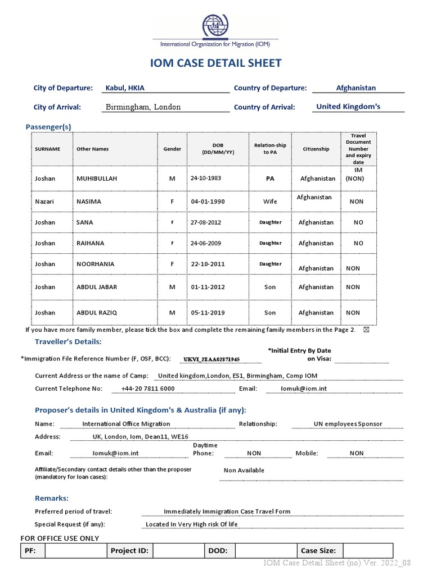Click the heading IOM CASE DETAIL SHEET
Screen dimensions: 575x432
click(216, 63)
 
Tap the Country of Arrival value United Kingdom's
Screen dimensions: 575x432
click(348, 107)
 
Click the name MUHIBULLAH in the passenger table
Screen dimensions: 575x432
click(97, 179)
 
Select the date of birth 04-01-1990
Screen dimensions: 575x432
click(208, 201)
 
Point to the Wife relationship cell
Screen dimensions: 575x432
click(270, 201)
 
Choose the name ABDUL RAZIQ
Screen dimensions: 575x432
click(97, 313)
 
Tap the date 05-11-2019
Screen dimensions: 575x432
click(208, 313)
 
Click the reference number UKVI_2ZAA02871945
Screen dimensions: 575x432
click(211, 359)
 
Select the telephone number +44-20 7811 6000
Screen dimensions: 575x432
click(148, 389)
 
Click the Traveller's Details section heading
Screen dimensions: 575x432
click(68, 341)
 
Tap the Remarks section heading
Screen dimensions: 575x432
click(52, 498)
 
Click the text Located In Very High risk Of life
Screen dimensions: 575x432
click(191, 524)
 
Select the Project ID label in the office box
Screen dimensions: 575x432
click(129, 551)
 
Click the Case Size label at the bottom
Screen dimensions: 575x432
click(318, 551)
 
